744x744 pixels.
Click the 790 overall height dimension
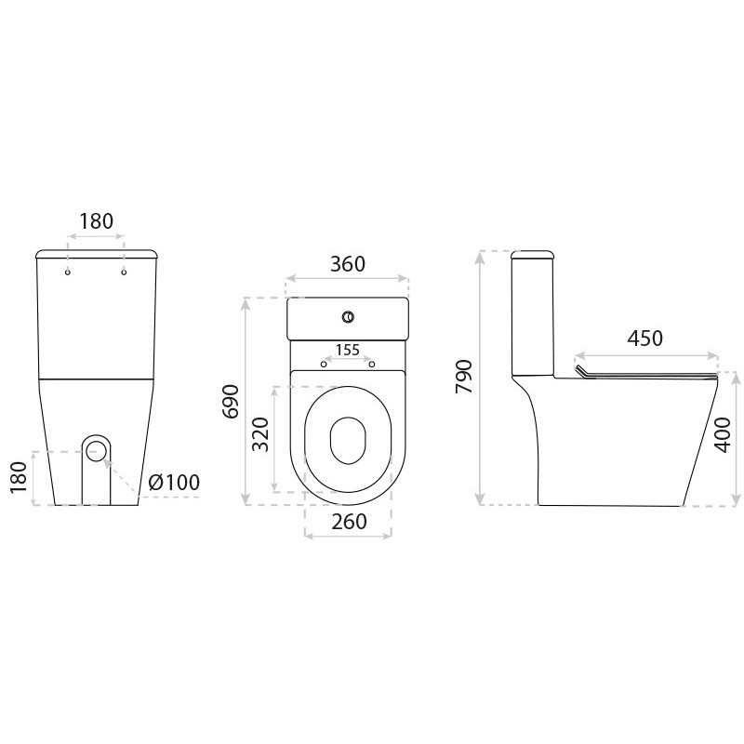pos(464,377)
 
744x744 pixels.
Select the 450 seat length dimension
pos(644,339)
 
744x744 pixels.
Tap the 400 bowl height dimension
pos(722,434)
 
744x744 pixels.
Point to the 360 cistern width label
pos(348,264)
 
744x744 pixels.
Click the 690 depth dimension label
pos(231,402)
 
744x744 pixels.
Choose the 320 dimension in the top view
pos(260,434)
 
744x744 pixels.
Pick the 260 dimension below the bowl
pos(350,522)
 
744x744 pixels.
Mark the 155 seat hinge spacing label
pos(348,351)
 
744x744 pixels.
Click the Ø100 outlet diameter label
pos(174,482)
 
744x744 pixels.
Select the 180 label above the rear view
pos(96,221)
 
